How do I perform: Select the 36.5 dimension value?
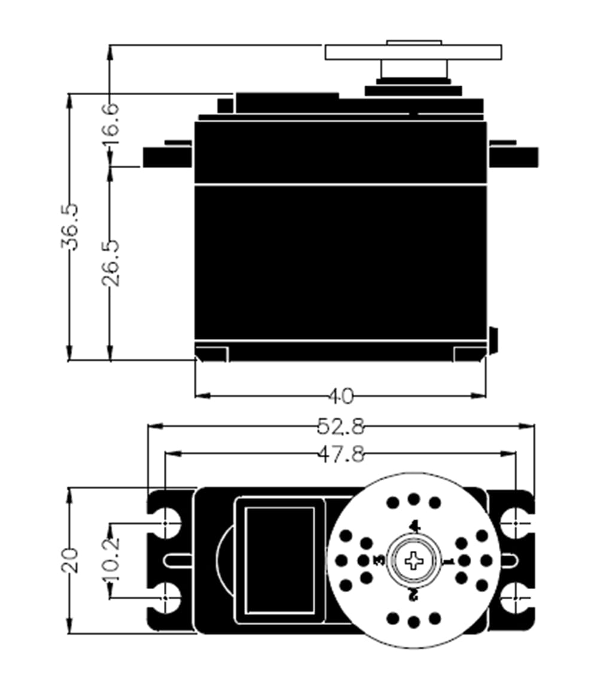[69, 226]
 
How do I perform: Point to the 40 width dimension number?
[341, 396]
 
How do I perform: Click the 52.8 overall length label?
[340, 426]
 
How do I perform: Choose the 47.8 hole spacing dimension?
[340, 454]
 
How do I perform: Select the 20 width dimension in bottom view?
[70, 560]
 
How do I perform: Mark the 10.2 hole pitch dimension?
[111, 560]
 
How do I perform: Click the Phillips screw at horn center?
[413, 560]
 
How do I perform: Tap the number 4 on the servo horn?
[414, 526]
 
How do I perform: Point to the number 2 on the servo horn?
[413, 595]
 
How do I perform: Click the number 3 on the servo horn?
[379, 560]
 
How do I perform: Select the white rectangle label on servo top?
[280, 560]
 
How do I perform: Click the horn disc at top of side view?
[413, 52]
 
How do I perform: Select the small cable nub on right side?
[493, 340]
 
